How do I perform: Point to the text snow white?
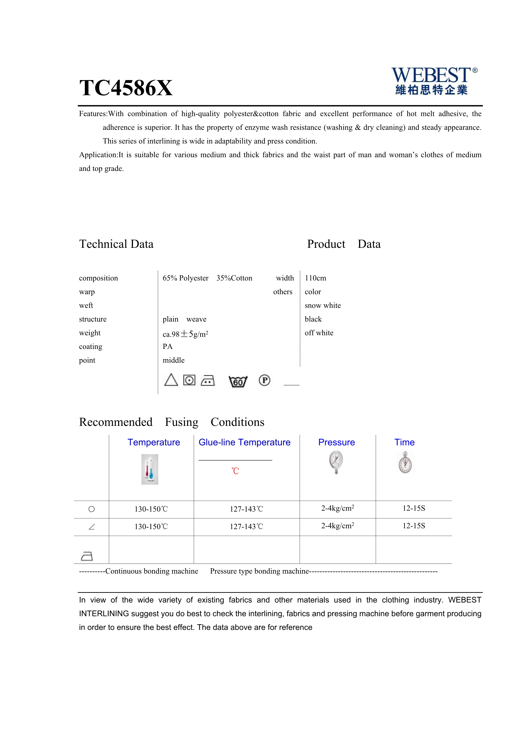click(x=323, y=306)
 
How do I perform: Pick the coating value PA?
click(x=168, y=347)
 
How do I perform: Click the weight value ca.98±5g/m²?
click(x=185, y=334)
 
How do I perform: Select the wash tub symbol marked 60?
click(x=238, y=381)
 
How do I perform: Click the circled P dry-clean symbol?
click(x=265, y=380)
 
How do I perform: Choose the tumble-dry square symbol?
click(x=189, y=380)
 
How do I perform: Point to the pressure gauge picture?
click(x=336, y=462)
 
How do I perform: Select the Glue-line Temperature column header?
click(x=244, y=442)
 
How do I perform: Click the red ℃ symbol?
click(x=235, y=471)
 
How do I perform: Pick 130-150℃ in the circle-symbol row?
click(x=151, y=509)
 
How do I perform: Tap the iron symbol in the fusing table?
click(x=87, y=556)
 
